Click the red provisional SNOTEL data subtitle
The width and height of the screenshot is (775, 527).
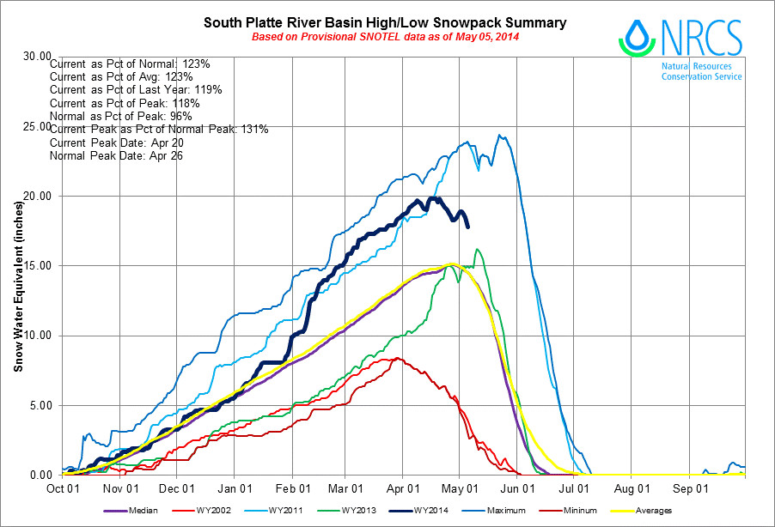click(x=385, y=37)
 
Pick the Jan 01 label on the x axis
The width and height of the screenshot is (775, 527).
click(x=235, y=488)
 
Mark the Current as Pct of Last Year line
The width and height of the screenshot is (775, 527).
click(x=137, y=90)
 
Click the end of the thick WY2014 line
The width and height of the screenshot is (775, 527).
click(x=467, y=227)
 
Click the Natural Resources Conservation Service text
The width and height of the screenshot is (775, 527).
click(x=701, y=71)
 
